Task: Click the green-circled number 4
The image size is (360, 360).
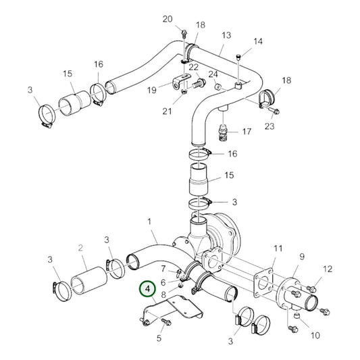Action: pos(147,290)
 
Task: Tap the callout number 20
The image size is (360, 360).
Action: pos(168,19)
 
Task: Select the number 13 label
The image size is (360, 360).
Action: pos(226,35)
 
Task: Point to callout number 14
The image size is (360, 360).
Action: pos(257,41)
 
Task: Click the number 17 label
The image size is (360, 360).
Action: pos(246,131)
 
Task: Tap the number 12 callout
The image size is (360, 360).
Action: pos(328,269)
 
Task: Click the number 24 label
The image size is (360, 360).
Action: pos(213,74)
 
